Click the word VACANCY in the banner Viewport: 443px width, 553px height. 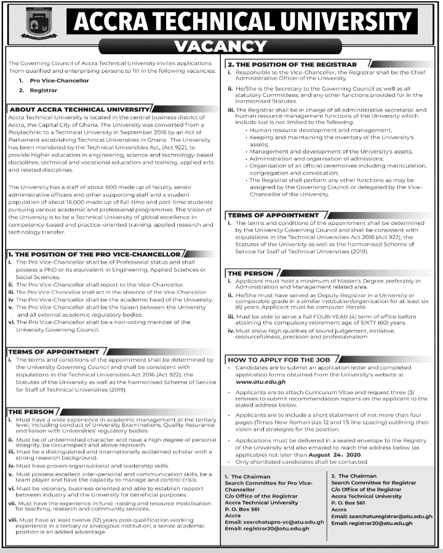[x=220, y=46]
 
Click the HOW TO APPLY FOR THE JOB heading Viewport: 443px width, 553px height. [x=279, y=359]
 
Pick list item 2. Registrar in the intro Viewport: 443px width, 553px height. [x=41, y=91]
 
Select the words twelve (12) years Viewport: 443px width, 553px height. [x=92, y=520]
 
